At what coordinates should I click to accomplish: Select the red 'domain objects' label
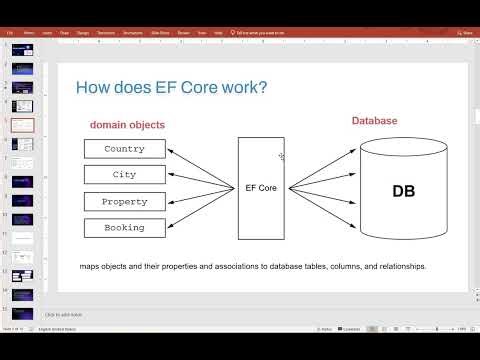(x=127, y=125)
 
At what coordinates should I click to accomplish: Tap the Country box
(x=124, y=149)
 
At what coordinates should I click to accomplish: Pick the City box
(x=124, y=175)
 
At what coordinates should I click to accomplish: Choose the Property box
(x=124, y=201)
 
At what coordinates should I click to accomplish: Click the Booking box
(x=124, y=227)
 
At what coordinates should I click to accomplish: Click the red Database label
(x=374, y=121)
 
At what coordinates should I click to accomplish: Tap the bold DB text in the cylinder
(x=403, y=190)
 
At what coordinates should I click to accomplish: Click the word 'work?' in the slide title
(x=246, y=88)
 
